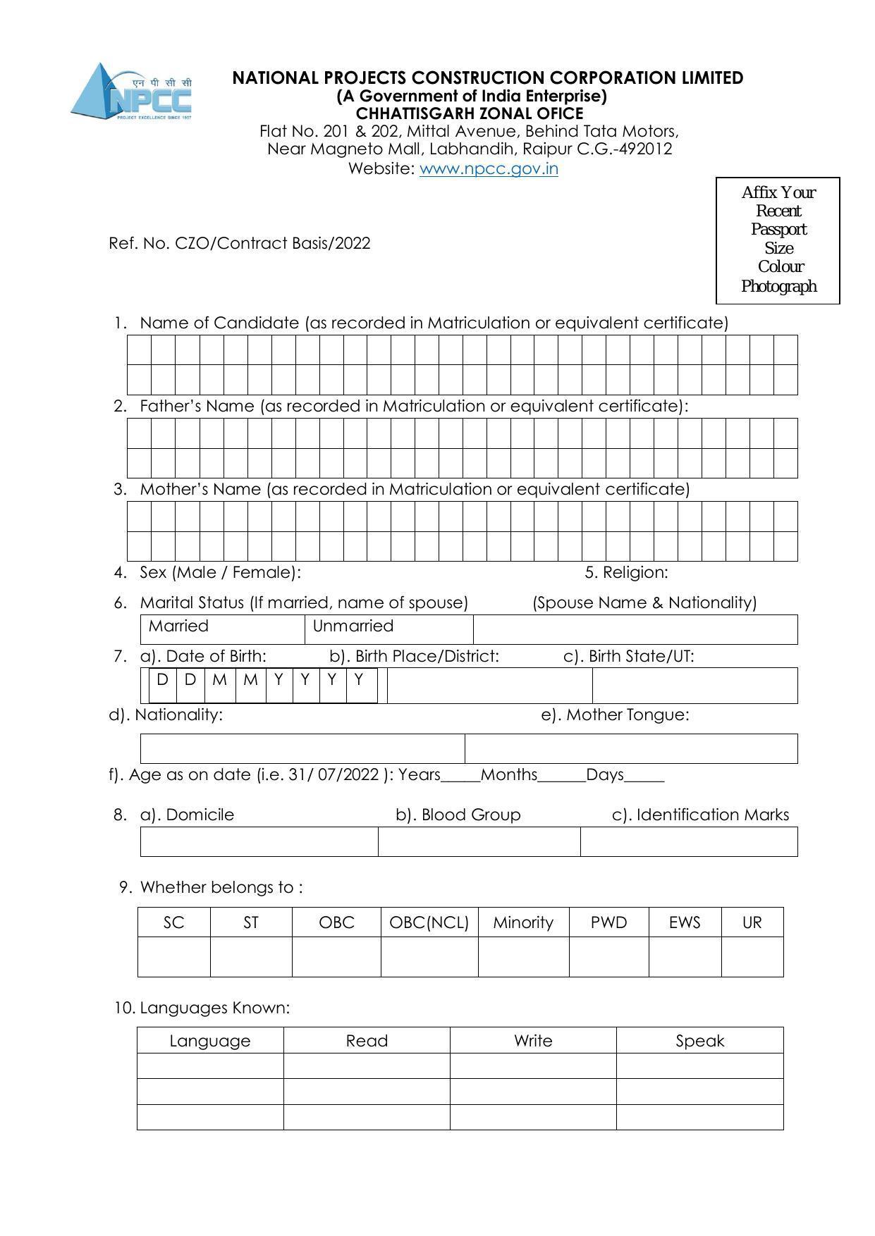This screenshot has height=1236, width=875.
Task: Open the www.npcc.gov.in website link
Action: (489, 168)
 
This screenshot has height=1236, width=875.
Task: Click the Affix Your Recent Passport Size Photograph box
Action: (778, 240)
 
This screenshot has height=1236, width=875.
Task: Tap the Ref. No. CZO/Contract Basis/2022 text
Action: (239, 244)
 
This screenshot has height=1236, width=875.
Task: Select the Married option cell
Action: (223, 629)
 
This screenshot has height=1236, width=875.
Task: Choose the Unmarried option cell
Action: (388, 629)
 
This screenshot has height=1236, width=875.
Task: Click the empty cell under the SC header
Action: (173, 956)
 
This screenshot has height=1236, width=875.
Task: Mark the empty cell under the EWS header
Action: (685, 956)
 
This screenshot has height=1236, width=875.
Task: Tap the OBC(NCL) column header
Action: (429, 922)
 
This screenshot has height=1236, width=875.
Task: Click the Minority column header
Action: (523, 922)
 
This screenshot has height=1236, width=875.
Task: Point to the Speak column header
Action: (699, 1041)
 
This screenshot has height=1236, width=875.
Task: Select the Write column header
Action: (533, 1041)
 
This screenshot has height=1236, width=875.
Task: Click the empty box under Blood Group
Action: (479, 841)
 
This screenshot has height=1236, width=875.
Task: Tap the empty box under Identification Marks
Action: (689, 841)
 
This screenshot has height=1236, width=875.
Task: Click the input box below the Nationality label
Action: (302, 748)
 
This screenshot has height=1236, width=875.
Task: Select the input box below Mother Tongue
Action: (631, 748)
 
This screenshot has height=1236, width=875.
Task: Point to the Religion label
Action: (627, 572)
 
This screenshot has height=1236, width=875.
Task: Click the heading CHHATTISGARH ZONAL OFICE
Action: (470, 113)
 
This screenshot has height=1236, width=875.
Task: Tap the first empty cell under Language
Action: (210, 1065)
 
